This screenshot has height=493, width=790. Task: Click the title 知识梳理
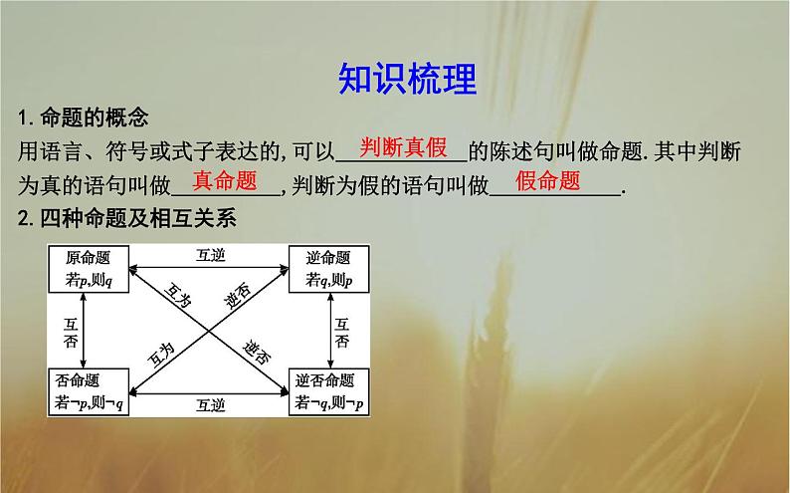(x=407, y=77)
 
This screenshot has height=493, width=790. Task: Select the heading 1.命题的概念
(x=84, y=119)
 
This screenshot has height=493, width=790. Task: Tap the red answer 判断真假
(x=403, y=148)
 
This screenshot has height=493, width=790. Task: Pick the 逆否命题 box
(x=328, y=391)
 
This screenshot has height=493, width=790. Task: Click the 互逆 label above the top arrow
(x=210, y=255)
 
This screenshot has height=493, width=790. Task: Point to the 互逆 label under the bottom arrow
(x=210, y=405)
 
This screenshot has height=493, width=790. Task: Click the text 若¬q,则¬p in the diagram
(x=328, y=402)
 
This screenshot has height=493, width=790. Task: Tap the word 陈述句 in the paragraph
(x=515, y=151)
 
